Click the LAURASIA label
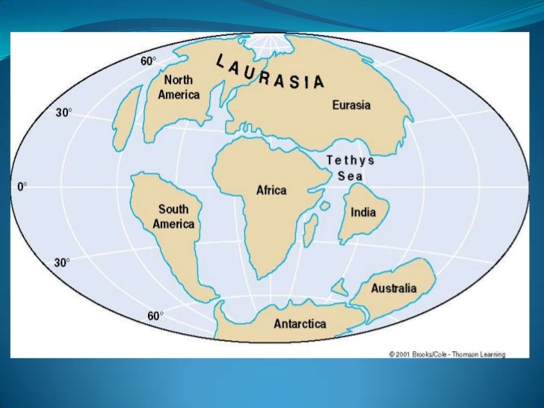click(270, 72)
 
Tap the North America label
click(179, 87)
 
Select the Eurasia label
click(351, 105)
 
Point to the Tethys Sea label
click(350, 168)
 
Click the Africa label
click(271, 191)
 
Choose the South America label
click(173, 217)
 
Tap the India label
click(363, 212)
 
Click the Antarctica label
click(300, 324)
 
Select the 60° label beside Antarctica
click(155, 316)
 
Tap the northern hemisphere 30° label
click(64, 113)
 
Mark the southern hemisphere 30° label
click(62, 262)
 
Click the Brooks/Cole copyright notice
click(447, 353)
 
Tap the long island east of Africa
click(309, 229)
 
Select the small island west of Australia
click(339, 286)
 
